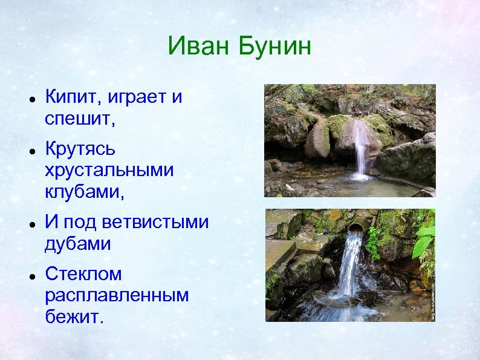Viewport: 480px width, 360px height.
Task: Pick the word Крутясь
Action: pos(80,149)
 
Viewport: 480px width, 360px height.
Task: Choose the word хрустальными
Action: pos(109,171)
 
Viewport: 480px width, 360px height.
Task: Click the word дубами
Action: pos(78,244)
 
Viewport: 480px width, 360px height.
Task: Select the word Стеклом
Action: pos(83,273)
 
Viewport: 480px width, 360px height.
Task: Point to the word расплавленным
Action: pos(117,296)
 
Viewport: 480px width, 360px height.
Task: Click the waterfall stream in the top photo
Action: pos(361,151)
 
